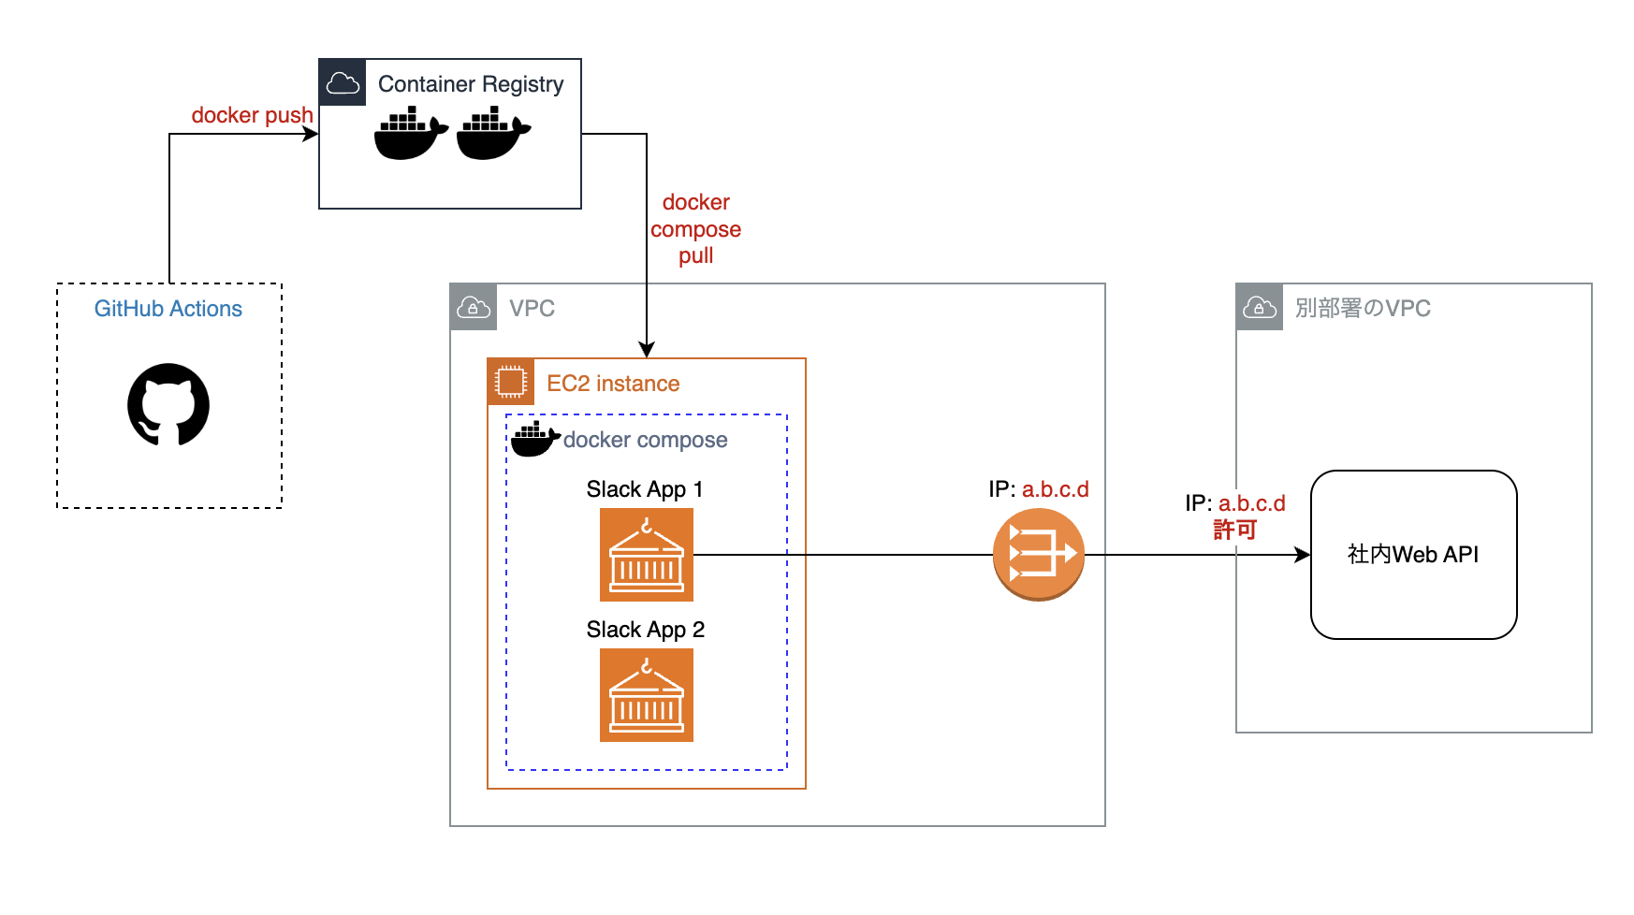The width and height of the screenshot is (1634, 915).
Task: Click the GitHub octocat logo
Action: pyautogui.click(x=168, y=404)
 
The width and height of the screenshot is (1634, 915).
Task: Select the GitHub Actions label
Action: pyautogui.click(x=168, y=309)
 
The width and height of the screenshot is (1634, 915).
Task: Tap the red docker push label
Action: pyautogui.click(x=252, y=115)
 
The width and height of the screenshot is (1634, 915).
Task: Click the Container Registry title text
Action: pyautogui.click(x=471, y=84)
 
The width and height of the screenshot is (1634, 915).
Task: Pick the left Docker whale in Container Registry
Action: pyautogui.click(x=410, y=134)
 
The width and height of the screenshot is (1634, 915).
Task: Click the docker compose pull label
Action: pyautogui.click(x=695, y=229)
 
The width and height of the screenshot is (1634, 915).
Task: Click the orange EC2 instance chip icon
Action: pyautogui.click(x=511, y=382)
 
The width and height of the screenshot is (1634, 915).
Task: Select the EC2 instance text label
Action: pyautogui.click(x=613, y=384)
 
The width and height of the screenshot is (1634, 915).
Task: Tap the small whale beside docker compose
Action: pyautogui.click(x=534, y=439)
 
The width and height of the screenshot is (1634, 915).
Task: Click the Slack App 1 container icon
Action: pyautogui.click(x=647, y=555)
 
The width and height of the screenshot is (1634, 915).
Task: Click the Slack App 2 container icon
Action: pyautogui.click(x=647, y=695)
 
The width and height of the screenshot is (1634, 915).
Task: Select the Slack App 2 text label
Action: pyautogui.click(x=645, y=630)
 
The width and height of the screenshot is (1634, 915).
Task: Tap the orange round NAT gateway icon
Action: pyautogui.click(x=1038, y=555)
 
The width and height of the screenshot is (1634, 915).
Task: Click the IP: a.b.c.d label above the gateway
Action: pyautogui.click(x=1038, y=489)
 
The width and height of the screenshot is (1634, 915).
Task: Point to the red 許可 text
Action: pyautogui.click(x=1234, y=530)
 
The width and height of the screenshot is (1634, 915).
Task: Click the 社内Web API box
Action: pyautogui.click(x=1413, y=555)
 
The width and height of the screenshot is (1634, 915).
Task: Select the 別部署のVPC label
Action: pyautogui.click(x=1363, y=309)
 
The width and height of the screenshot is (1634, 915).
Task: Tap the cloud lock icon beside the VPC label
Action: pyautogui.click(x=474, y=308)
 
